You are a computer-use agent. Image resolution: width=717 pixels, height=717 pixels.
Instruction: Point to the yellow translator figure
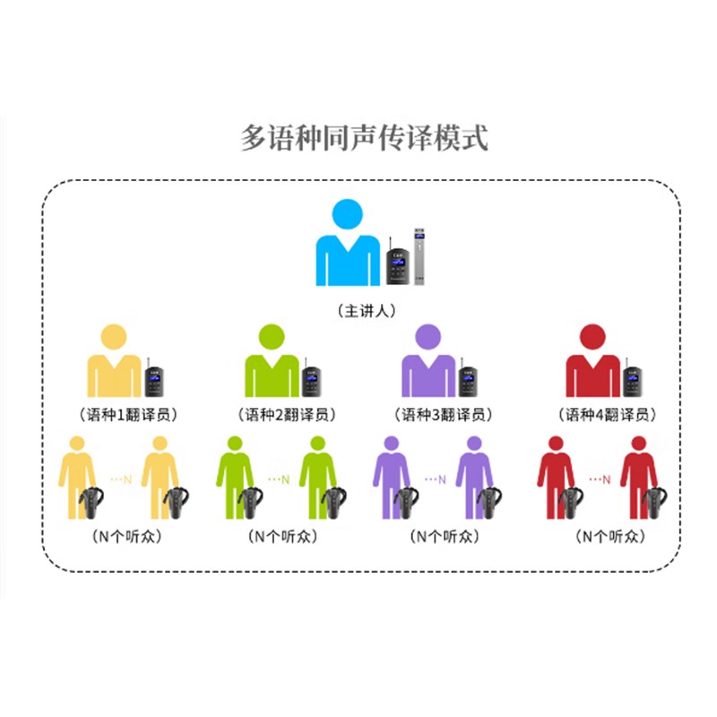114,363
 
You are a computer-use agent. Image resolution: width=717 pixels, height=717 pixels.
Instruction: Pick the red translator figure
592,363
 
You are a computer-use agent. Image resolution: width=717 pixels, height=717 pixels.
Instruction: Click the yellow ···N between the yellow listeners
121,479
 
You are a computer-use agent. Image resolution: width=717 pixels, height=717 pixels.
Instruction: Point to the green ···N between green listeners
279,479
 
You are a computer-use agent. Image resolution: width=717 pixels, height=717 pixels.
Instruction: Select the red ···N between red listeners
600,479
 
